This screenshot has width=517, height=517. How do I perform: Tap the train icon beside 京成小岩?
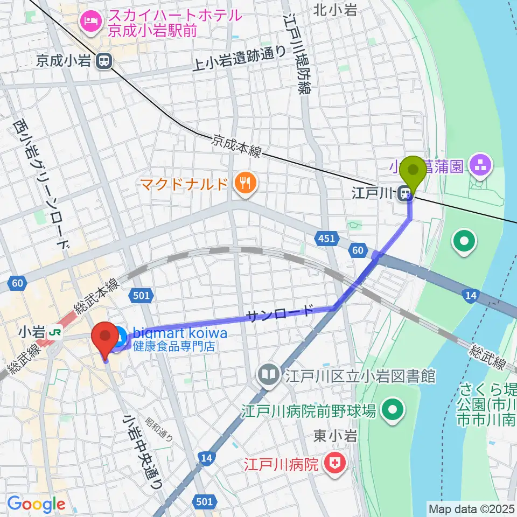[x=103, y=61]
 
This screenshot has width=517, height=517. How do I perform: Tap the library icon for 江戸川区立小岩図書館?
[x=268, y=374]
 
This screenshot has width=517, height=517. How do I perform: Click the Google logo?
[x=36, y=504]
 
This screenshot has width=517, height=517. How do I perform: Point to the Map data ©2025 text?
[x=471, y=508]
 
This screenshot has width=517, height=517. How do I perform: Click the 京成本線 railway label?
[x=237, y=146]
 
